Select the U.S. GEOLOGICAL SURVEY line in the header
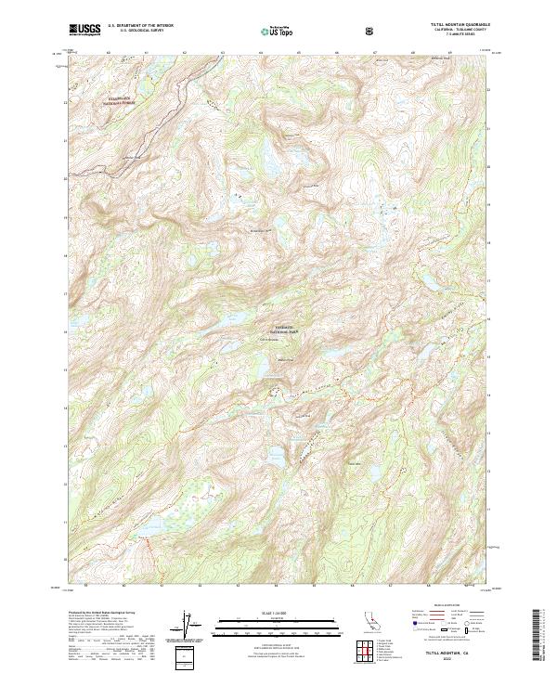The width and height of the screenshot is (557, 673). (x=135, y=32)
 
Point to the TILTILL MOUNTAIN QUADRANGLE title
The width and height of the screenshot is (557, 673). (x=457, y=25)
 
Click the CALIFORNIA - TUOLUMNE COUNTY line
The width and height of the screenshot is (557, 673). (x=457, y=30)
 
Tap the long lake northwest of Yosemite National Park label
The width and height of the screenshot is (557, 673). (x=232, y=320)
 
